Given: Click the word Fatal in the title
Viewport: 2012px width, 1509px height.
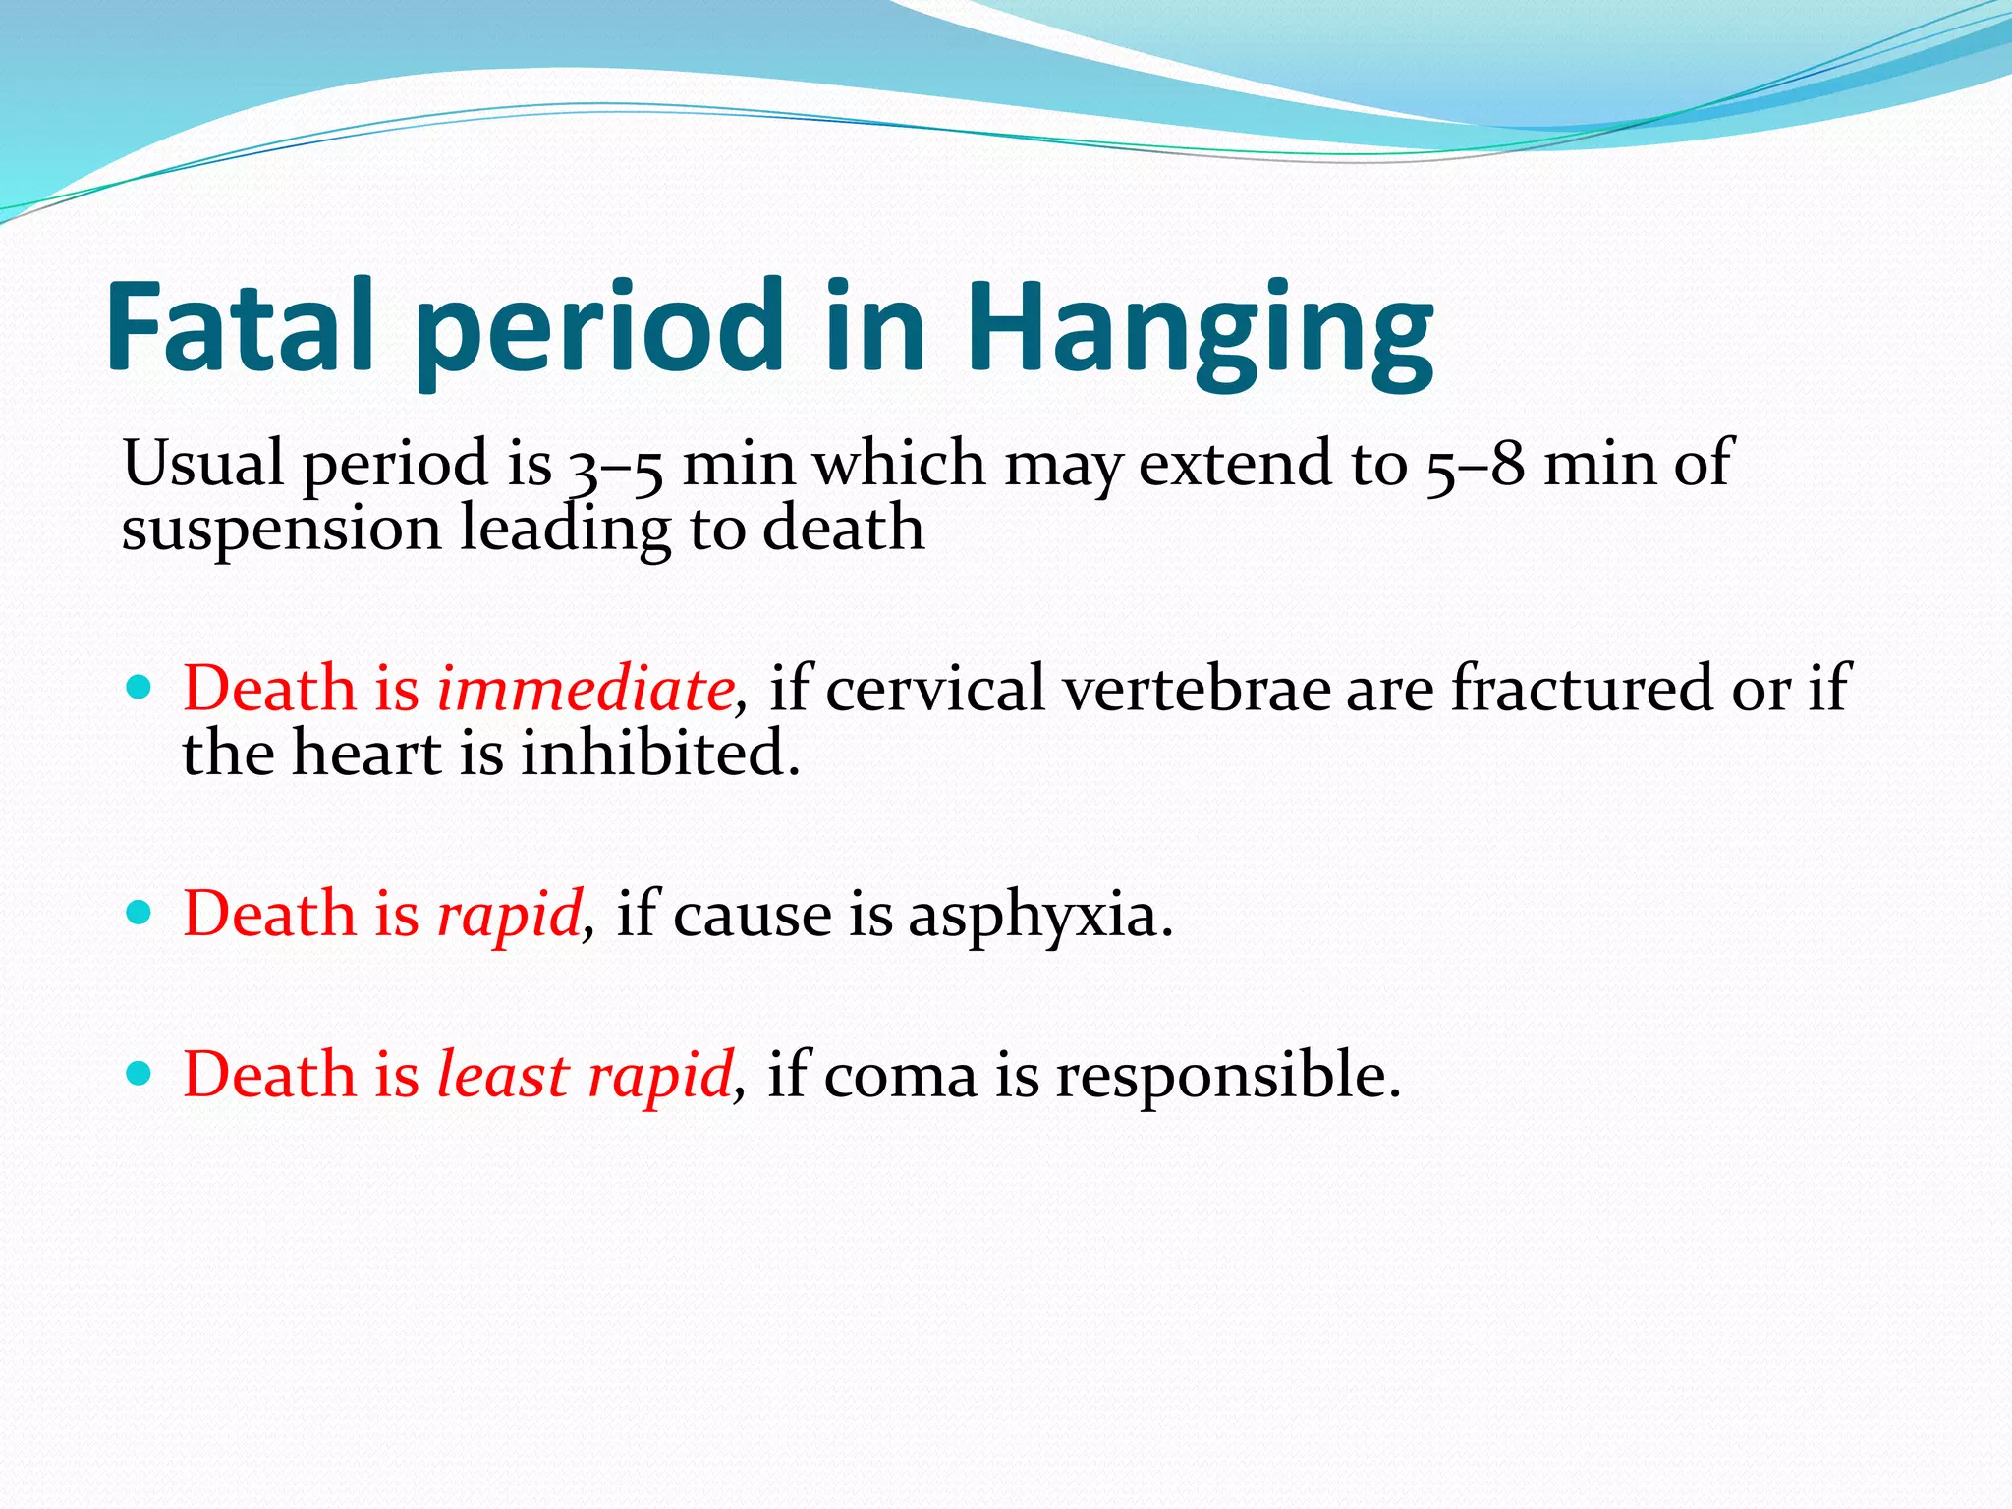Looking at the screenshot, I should point(240,326).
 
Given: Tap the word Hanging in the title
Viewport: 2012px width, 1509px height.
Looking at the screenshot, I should point(1200,330).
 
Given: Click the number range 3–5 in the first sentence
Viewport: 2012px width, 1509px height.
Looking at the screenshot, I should point(615,466).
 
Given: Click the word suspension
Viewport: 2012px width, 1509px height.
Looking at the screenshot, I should point(281,531).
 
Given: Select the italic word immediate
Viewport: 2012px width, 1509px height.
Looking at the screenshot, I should point(586,689).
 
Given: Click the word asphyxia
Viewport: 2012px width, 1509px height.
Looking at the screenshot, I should point(1039,917).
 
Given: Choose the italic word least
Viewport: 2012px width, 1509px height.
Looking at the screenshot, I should point(502,1076).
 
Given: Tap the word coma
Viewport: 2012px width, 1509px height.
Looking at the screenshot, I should point(900,1077).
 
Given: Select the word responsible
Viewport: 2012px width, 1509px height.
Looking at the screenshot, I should point(1228,1077).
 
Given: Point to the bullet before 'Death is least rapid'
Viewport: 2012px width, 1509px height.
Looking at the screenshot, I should point(140,1073).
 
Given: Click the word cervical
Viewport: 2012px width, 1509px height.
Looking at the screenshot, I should point(935,689).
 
